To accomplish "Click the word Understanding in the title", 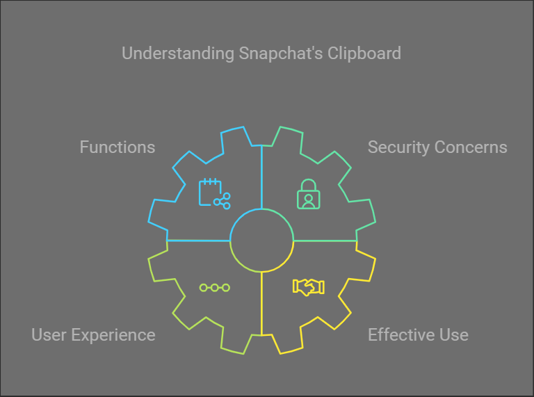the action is tap(178, 54).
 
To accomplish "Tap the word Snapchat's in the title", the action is tap(281, 53).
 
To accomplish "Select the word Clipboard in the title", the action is tap(364, 54).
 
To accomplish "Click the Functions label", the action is tap(118, 147).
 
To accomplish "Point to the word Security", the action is tap(399, 148).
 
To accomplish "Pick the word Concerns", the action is tap(471, 147).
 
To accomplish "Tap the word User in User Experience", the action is tap(49, 334).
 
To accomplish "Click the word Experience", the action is tap(113, 335).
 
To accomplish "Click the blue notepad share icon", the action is tap(215, 193).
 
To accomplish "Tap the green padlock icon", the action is tap(309, 194).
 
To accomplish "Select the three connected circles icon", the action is tap(215, 288).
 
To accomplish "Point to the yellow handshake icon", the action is tap(309, 287).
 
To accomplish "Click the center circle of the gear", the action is tap(261, 209).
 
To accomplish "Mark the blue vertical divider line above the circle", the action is tap(261, 177).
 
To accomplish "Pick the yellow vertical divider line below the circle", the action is tap(261, 304).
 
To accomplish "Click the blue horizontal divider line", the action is tap(198, 241).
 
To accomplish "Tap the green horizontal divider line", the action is tap(325, 241).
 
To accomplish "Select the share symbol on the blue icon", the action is tap(222, 201).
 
